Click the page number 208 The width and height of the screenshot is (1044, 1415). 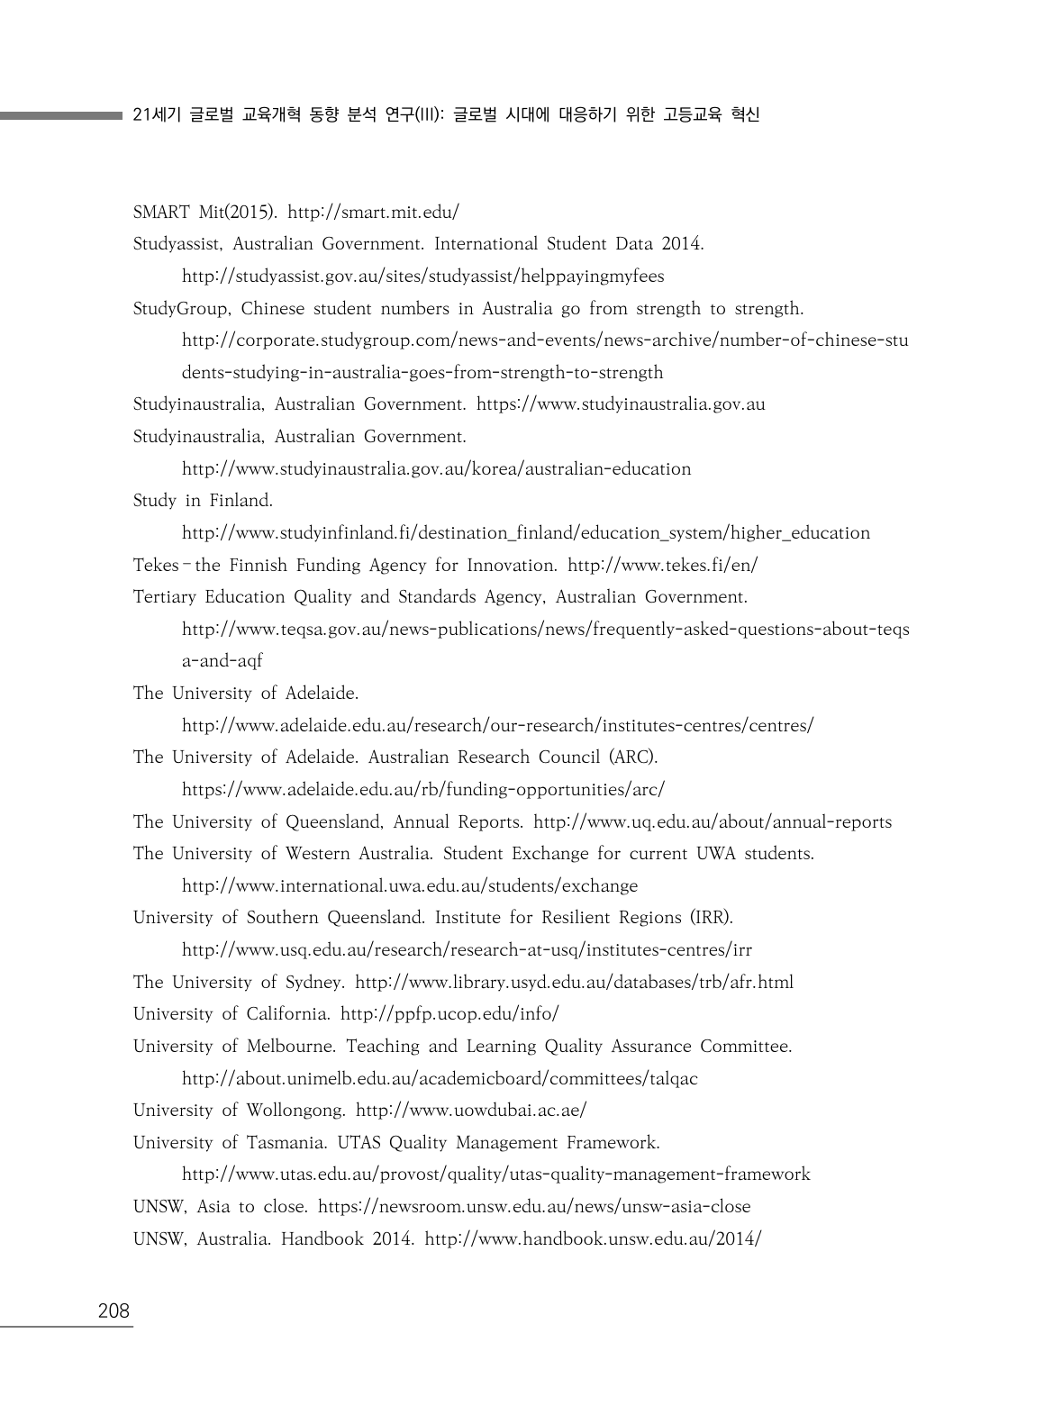coord(113,1311)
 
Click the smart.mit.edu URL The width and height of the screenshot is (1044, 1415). coord(373,213)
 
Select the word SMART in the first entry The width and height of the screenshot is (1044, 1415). coord(161,213)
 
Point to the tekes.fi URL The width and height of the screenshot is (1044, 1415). coord(662,566)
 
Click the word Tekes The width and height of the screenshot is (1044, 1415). coord(156,566)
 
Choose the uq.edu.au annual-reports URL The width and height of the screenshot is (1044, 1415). coord(713,822)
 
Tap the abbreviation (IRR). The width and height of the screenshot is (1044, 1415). coord(712,918)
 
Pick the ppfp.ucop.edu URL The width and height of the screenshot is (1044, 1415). coord(449,1014)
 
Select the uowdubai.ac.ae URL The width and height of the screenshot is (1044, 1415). coord(471,1111)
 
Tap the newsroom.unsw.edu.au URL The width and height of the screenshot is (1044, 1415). coord(534,1207)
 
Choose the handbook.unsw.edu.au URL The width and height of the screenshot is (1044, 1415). coord(593,1239)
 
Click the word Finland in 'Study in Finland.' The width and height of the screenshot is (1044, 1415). coord(241,501)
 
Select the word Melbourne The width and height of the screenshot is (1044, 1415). coord(291,1047)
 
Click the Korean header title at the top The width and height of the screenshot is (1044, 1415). coord(446,115)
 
